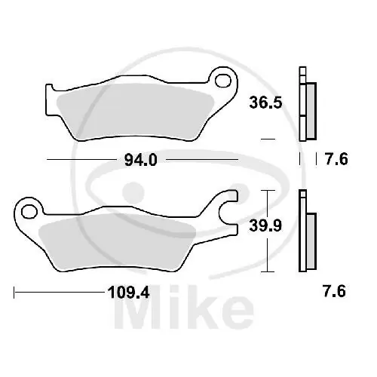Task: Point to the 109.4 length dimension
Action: [121, 290]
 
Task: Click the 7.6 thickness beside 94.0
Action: [336, 161]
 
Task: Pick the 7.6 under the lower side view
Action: [336, 290]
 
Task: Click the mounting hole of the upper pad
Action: [222, 79]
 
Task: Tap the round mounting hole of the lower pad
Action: [29, 208]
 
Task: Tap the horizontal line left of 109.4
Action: [53, 290]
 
